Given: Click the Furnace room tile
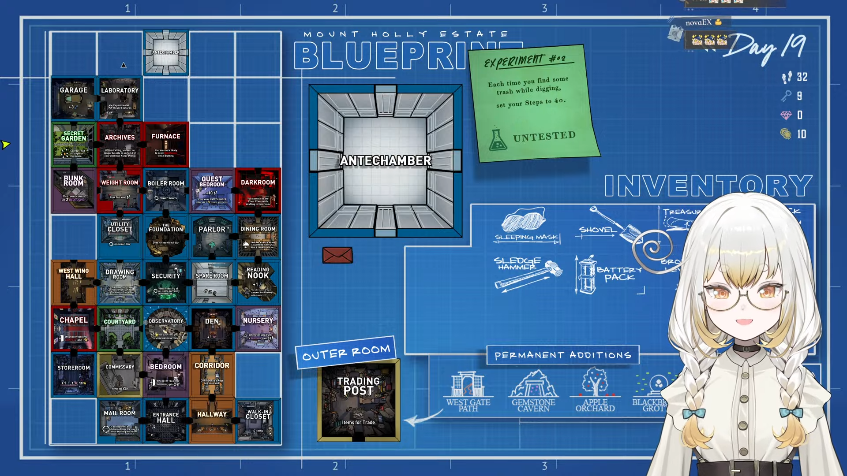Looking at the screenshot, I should coord(166,145).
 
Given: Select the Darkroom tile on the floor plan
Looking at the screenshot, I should coord(258,190).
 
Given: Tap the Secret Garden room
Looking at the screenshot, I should coord(74,145).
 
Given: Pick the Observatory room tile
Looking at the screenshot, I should coord(166,329).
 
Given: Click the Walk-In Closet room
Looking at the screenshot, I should coord(258,421).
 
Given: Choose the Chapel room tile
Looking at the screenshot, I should coord(74,329).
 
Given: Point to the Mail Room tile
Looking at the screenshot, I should coord(120,421).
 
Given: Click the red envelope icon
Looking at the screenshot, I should coord(337,255).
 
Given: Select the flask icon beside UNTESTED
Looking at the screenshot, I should coord(498,140).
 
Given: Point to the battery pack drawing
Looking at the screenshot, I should coord(587,274).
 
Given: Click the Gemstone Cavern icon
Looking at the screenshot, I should coord(533,384).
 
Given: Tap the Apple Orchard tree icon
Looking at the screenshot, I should coord(595,383).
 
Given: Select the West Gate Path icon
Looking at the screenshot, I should coord(468,384).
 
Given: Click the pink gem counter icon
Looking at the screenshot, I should coord(786,115).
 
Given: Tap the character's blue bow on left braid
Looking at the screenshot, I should coord(693,413).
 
